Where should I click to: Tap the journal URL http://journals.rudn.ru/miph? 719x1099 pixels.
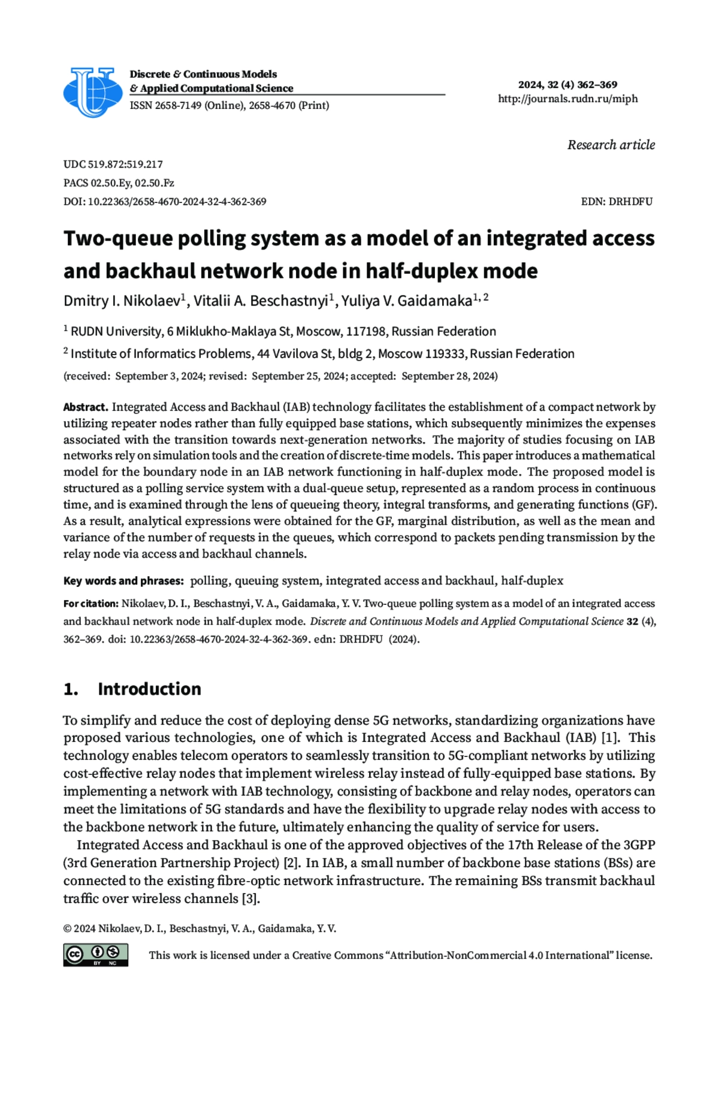click(x=567, y=99)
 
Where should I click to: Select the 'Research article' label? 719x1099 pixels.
click(x=611, y=145)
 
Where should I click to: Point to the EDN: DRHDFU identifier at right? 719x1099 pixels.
click(x=617, y=202)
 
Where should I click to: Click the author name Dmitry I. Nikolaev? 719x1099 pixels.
click(x=122, y=301)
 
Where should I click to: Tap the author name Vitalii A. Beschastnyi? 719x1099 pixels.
click(x=260, y=301)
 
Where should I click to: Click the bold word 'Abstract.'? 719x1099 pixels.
click(x=86, y=407)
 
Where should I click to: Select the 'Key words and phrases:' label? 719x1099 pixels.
click(x=123, y=581)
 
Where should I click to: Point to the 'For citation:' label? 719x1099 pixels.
click(x=90, y=604)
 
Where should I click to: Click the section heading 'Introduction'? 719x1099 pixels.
click(x=149, y=689)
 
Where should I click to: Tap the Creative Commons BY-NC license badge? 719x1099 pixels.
click(x=96, y=955)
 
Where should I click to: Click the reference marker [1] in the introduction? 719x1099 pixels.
click(x=610, y=738)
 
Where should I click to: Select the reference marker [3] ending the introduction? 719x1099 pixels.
click(x=250, y=898)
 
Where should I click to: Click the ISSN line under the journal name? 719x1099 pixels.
click(x=229, y=105)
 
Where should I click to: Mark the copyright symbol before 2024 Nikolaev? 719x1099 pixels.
click(x=67, y=929)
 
